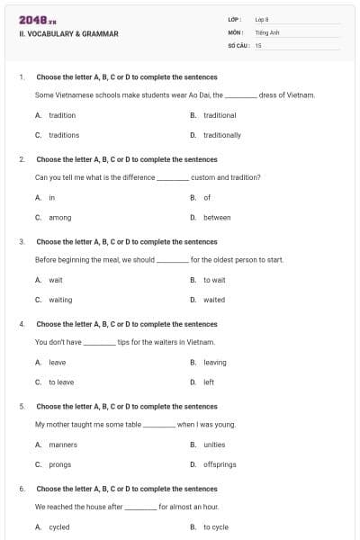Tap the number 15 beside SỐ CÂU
[258, 44]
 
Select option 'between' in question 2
[217, 217]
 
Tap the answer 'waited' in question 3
[214, 300]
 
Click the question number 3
[22, 241]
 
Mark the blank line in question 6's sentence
[140, 508]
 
